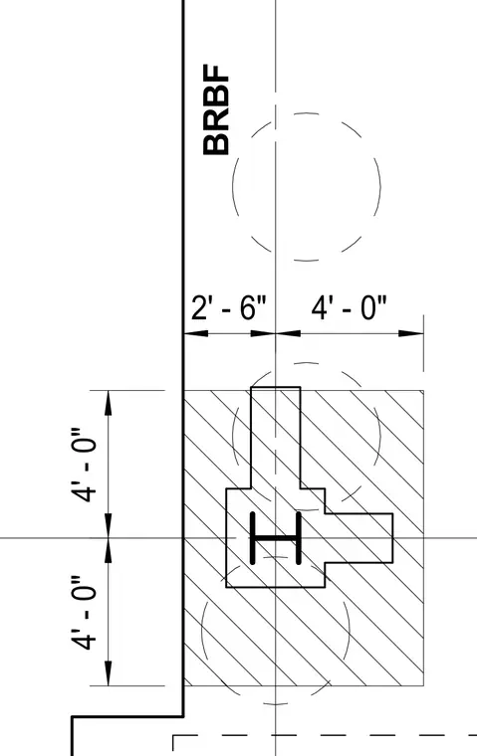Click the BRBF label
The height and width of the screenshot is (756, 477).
(216, 109)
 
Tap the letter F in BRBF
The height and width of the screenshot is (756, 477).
(216, 74)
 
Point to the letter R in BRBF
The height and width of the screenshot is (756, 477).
(216, 120)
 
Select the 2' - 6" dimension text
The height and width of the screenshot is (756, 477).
(228, 307)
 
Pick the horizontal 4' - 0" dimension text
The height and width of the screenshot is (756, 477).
(350, 307)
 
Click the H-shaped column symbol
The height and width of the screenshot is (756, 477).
(276, 538)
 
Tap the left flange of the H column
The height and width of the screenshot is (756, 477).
(253, 538)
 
